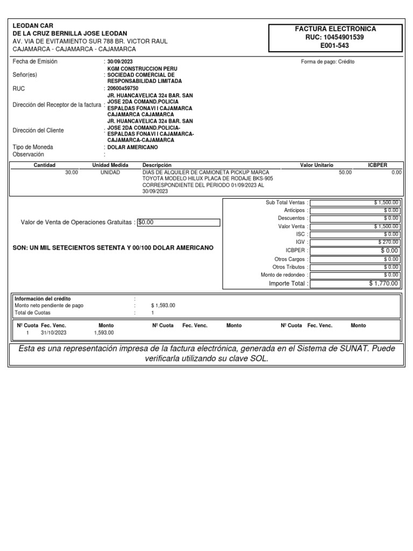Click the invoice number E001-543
(x=334, y=46)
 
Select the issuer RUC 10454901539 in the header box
(x=334, y=37)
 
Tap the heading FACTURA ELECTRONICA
(x=334, y=29)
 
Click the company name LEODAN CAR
(x=33, y=26)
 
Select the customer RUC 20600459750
(x=123, y=88)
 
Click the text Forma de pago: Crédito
(x=327, y=62)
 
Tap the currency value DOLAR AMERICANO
(x=133, y=147)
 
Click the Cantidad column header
(x=45, y=165)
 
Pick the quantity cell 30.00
(x=71, y=172)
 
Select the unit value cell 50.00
(x=345, y=172)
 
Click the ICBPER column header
(x=377, y=165)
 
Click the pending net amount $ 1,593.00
(x=163, y=305)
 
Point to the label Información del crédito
(x=42, y=299)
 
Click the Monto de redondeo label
(x=283, y=275)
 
